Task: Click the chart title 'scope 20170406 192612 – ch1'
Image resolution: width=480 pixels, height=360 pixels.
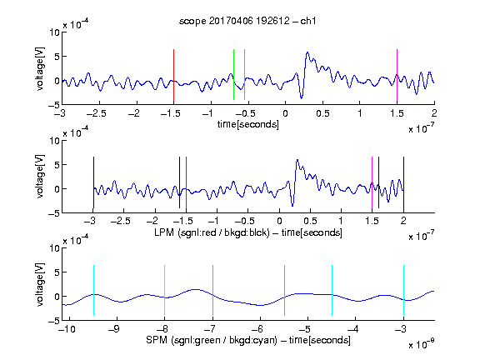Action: (247, 21)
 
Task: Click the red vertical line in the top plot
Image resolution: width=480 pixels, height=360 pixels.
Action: (173, 75)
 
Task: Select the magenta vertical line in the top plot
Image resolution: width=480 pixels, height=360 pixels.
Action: (397, 75)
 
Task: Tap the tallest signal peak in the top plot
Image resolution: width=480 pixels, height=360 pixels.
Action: (307, 53)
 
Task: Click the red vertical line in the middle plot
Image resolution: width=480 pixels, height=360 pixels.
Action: (186, 182)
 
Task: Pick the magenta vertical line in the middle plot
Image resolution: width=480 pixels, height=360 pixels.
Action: (372, 182)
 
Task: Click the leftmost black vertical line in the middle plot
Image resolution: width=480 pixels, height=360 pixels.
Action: (93, 182)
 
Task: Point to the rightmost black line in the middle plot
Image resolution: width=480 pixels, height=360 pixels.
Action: (403, 182)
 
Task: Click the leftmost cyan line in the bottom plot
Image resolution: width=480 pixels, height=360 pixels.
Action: (93, 290)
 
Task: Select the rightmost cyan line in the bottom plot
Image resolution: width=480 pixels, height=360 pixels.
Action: (403, 290)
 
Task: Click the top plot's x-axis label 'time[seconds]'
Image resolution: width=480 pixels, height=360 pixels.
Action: (248, 125)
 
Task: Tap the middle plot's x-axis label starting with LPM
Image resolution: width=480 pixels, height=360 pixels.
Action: (248, 232)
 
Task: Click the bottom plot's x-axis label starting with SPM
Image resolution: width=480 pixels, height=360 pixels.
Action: (248, 340)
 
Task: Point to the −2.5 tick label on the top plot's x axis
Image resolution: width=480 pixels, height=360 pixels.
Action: (97, 113)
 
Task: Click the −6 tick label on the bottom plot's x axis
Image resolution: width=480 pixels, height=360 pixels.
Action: (260, 329)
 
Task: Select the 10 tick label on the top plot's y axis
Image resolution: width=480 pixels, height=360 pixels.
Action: (55, 32)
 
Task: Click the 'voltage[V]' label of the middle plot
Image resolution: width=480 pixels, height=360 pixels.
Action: (40, 177)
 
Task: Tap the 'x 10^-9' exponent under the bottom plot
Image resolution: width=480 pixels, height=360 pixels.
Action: (422, 344)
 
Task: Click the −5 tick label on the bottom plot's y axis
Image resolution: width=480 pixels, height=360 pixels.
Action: (54, 321)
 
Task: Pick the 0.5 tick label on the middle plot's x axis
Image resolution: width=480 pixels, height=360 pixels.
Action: (310, 221)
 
